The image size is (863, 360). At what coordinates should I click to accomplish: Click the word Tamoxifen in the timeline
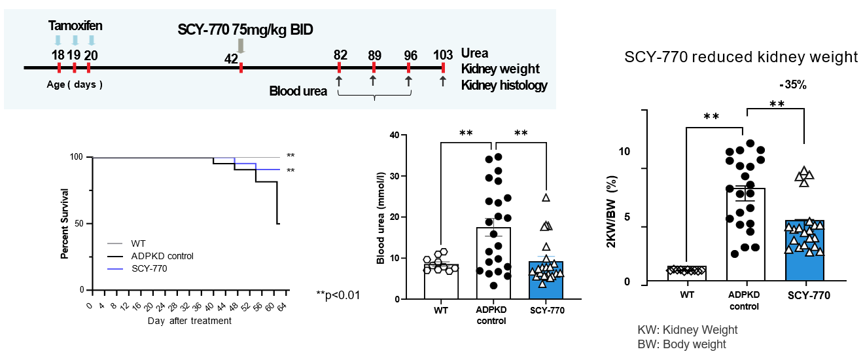(x=75, y=26)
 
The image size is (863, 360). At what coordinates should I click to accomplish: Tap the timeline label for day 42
(x=231, y=59)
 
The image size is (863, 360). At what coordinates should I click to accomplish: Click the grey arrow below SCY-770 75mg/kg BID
(x=241, y=45)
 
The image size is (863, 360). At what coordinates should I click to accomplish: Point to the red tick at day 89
(x=374, y=67)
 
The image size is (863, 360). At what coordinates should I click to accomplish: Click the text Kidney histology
(x=504, y=85)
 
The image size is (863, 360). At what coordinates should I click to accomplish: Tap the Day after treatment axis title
(x=189, y=321)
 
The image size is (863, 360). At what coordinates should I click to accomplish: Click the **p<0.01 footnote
(x=338, y=295)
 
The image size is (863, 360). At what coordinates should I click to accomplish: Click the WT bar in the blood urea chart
(x=441, y=281)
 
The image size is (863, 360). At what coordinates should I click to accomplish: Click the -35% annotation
(x=794, y=85)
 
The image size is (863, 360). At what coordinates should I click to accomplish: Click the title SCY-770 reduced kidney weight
(x=741, y=58)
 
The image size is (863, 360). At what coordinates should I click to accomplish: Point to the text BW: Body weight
(x=682, y=344)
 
